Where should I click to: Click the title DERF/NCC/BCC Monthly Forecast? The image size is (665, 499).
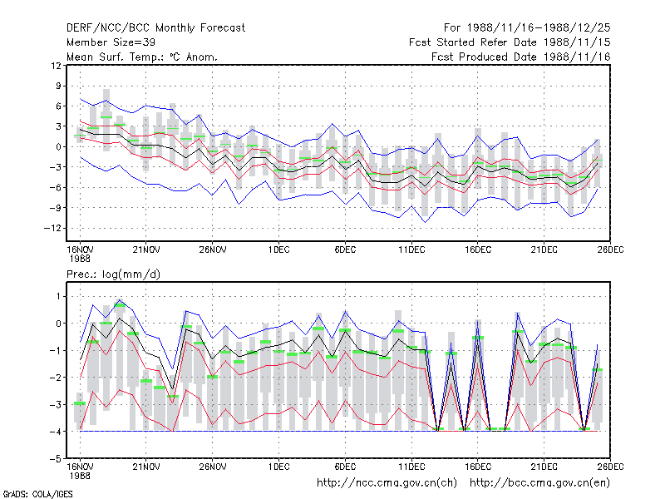point(155,28)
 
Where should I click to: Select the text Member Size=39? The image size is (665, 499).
point(111,42)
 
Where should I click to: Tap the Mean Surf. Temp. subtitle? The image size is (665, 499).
point(141,57)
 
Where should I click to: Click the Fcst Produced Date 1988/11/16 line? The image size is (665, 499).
point(521,57)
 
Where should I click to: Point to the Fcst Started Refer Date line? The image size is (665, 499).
point(510,42)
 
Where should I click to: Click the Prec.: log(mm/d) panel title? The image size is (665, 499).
point(113,274)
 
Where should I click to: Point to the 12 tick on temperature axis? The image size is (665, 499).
point(56,66)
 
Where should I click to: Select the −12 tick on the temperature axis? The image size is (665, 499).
point(52,228)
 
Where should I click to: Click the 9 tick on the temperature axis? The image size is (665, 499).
point(58,86)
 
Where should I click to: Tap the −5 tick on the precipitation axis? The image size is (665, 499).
point(56,459)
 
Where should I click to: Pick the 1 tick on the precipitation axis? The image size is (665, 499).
point(59,296)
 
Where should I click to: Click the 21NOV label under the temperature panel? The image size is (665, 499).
point(146,249)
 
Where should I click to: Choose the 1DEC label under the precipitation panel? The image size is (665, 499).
point(278,467)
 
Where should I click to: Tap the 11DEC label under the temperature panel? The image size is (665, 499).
point(411,249)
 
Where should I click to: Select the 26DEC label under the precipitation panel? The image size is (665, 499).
point(610,467)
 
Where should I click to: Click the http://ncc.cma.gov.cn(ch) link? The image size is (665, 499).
point(387,483)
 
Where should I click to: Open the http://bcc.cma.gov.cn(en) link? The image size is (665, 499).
point(539,483)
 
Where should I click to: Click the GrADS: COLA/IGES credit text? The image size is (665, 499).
point(37,494)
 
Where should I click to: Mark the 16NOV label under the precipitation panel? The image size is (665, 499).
point(80,467)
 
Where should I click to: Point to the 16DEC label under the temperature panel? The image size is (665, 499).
point(477,249)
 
